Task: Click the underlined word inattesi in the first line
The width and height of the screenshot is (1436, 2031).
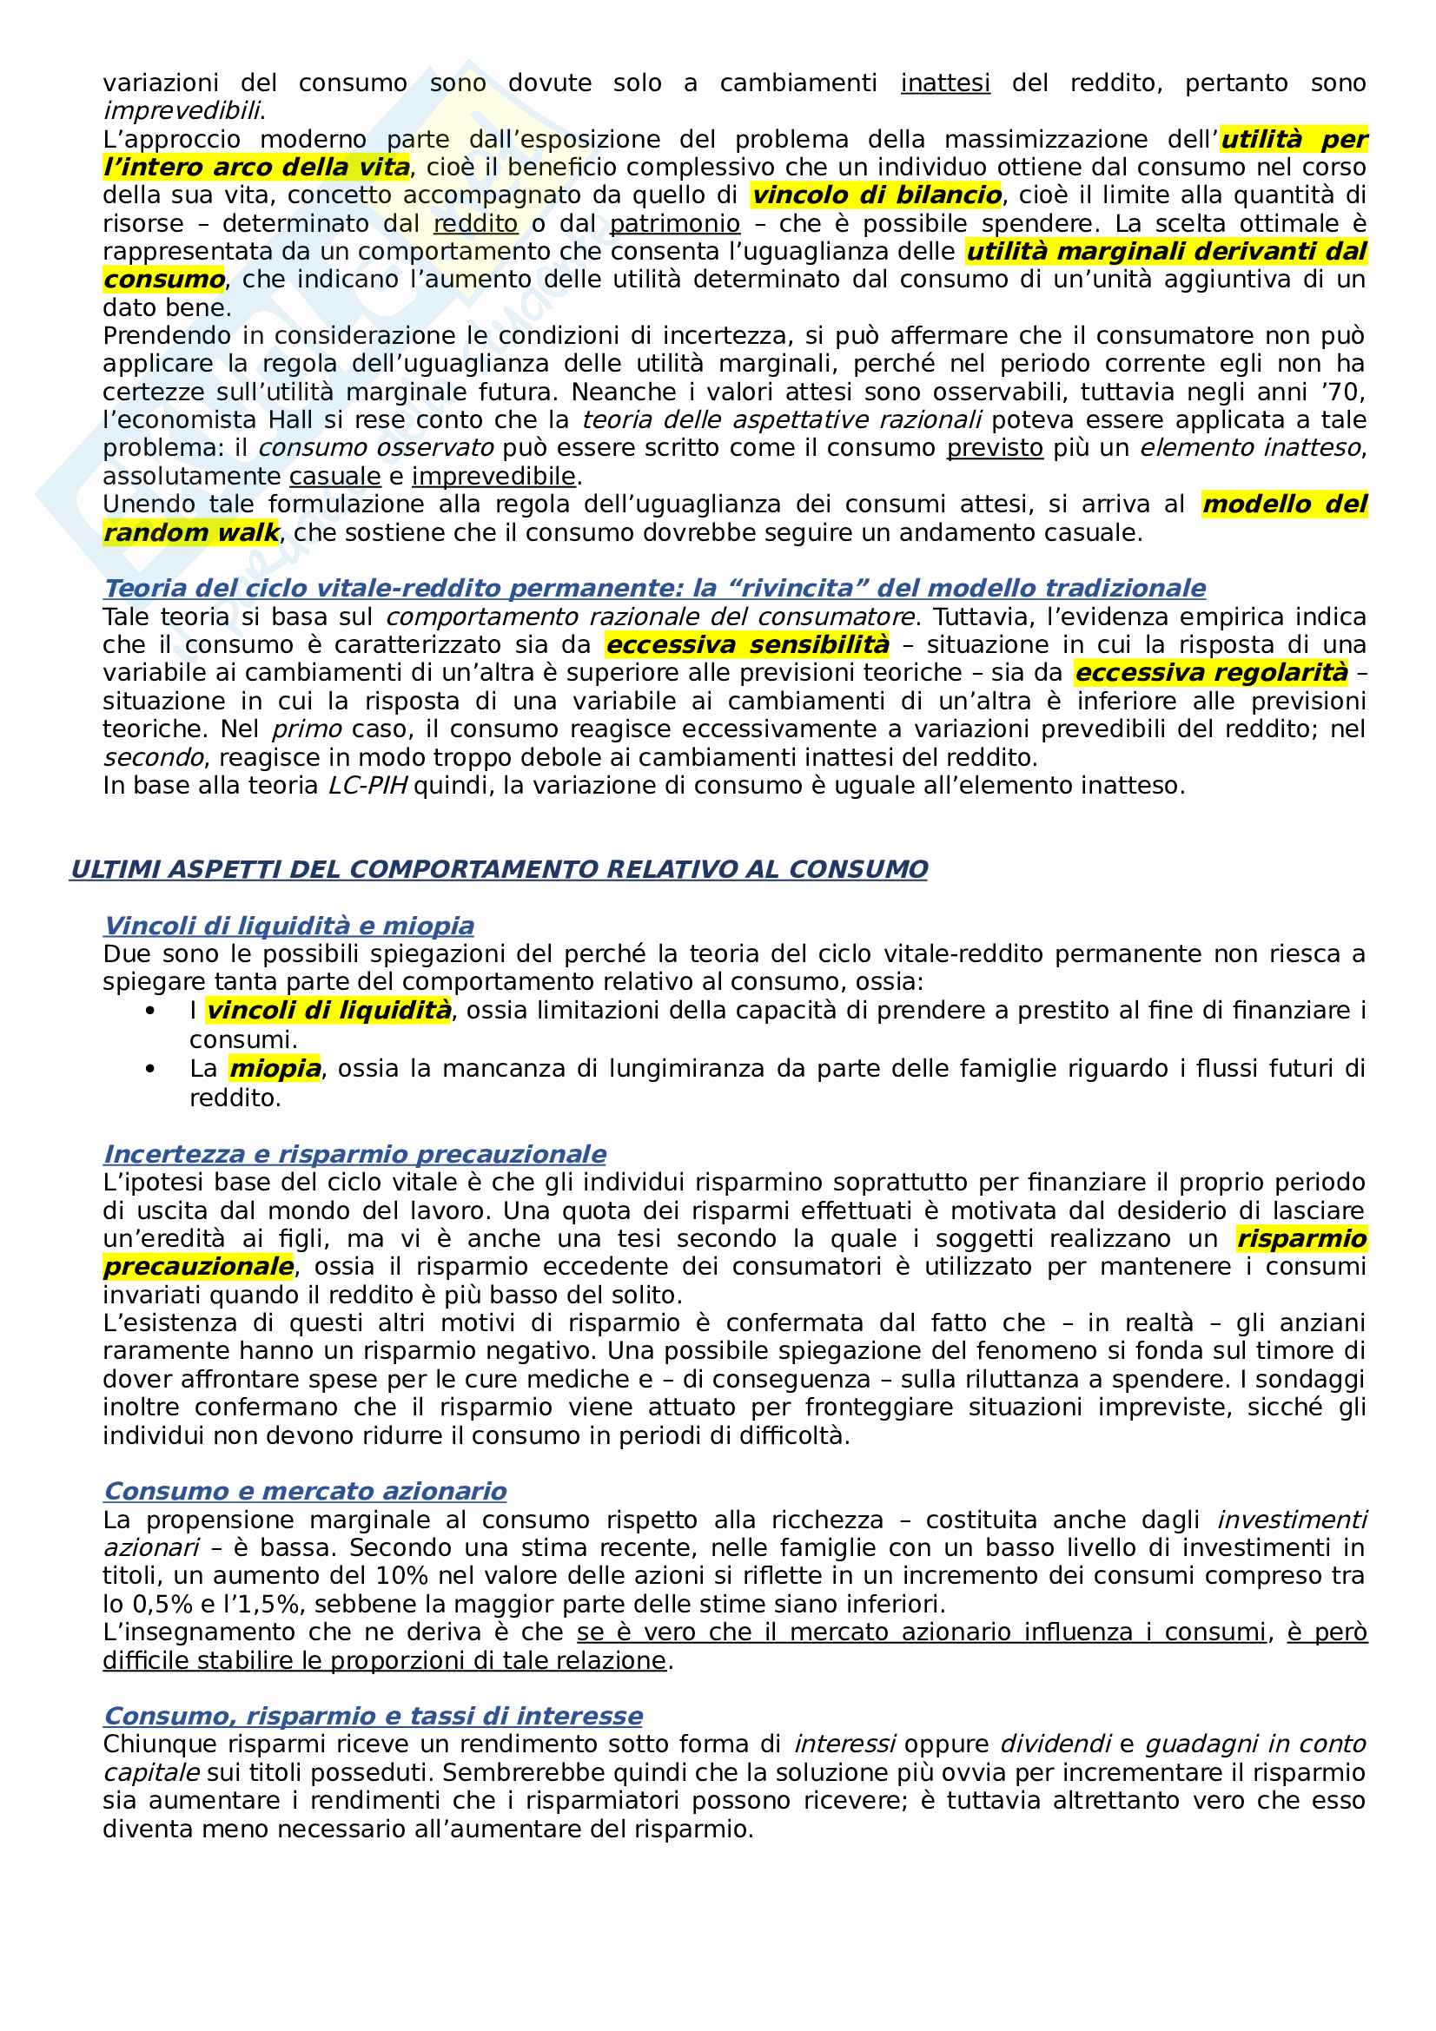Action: pos(945,83)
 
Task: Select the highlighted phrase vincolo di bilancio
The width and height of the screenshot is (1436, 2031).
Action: pos(876,195)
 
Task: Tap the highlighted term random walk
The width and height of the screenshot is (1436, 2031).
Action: pos(191,532)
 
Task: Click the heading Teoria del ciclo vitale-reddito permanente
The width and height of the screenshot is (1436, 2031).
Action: pos(654,588)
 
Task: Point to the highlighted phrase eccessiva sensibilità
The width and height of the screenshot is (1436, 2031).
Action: pos(748,645)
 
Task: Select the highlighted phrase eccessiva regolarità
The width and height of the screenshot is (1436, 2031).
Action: pos(1211,673)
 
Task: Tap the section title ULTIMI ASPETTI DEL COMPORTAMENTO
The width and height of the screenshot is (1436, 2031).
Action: pos(499,869)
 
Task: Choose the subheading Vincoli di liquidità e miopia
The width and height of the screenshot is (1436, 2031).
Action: pos(288,926)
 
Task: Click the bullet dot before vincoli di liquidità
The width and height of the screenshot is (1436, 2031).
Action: pos(150,1010)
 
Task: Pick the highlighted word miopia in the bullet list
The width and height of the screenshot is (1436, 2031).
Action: pos(275,1069)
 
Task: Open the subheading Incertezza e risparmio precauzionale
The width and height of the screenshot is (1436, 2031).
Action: pos(354,1154)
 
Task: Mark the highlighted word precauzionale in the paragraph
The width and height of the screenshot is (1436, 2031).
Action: pos(198,1267)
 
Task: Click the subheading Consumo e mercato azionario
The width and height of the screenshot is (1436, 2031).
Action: pos(305,1492)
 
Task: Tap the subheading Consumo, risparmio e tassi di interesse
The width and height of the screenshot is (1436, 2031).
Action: pos(373,1716)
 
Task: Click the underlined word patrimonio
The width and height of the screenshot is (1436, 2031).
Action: pos(674,224)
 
